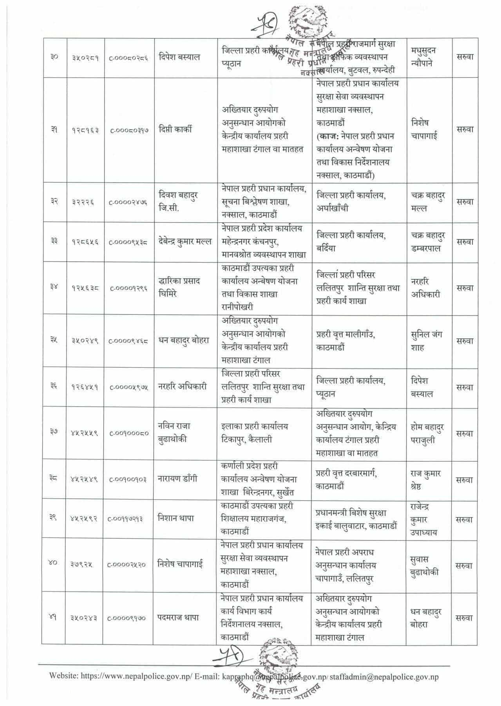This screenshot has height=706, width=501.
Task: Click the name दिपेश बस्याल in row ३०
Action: click(x=180, y=57)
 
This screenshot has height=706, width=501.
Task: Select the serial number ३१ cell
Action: click(x=54, y=130)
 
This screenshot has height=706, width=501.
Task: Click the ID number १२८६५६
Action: click(x=85, y=242)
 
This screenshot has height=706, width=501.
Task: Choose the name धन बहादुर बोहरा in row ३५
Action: click(x=184, y=340)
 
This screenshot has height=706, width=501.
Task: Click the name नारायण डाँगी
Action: click(x=177, y=479)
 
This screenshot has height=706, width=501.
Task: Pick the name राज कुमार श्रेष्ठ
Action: click(x=426, y=480)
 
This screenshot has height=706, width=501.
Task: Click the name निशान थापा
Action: click(x=176, y=518)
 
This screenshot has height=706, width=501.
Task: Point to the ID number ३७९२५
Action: click(x=82, y=564)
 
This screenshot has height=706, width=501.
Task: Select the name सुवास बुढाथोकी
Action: click(x=424, y=565)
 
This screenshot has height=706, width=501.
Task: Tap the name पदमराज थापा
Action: click(x=178, y=618)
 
